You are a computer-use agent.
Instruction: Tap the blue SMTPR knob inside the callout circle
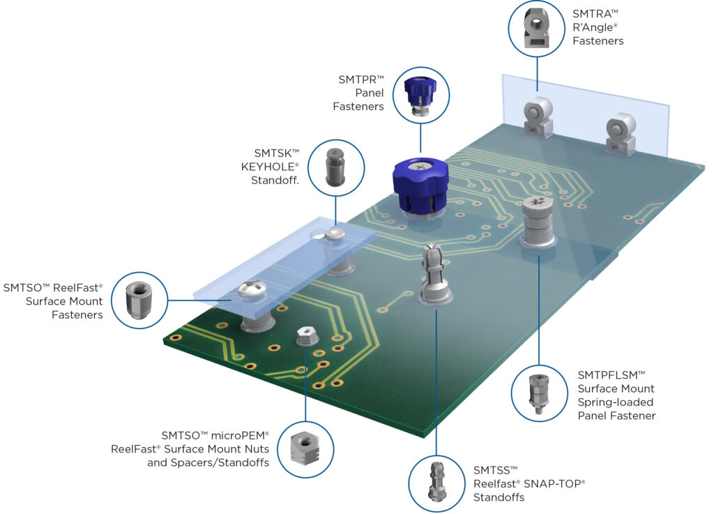click(420, 96)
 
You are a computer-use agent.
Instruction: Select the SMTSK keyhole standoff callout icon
click(335, 167)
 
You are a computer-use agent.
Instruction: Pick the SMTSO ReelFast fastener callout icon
click(139, 301)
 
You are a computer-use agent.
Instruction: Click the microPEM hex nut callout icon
click(305, 448)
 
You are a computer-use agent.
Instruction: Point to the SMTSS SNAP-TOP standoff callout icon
click(436, 482)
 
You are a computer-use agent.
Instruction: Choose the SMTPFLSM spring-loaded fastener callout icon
click(539, 393)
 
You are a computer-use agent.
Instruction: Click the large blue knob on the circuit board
click(420, 185)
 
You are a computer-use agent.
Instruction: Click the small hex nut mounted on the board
click(307, 336)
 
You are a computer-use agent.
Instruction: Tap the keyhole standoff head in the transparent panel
click(334, 234)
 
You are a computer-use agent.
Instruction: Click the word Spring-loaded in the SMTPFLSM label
click(615, 402)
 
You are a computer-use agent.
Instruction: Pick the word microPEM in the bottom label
click(240, 435)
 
